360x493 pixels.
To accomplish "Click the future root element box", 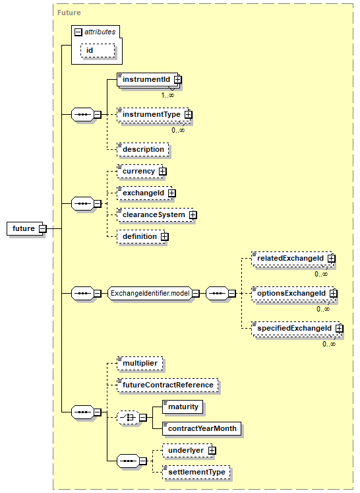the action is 24,228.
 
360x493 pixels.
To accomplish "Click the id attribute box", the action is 98,51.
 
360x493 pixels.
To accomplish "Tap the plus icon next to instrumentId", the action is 178,80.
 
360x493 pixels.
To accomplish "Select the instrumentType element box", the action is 154,114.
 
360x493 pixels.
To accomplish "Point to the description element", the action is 142,149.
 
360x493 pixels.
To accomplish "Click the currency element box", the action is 140,172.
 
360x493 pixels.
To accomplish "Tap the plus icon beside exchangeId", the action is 172,193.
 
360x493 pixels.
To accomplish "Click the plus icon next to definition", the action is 165,236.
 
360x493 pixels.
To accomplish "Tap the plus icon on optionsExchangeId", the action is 334,293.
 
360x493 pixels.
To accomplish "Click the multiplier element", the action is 140,364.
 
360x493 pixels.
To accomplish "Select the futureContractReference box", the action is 167,385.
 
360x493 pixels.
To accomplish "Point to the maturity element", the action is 183,407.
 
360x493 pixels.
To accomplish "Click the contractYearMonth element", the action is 202,428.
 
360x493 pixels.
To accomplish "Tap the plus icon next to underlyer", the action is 212,450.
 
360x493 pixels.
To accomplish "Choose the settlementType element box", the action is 196,473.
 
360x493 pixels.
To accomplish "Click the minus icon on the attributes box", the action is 78,32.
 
